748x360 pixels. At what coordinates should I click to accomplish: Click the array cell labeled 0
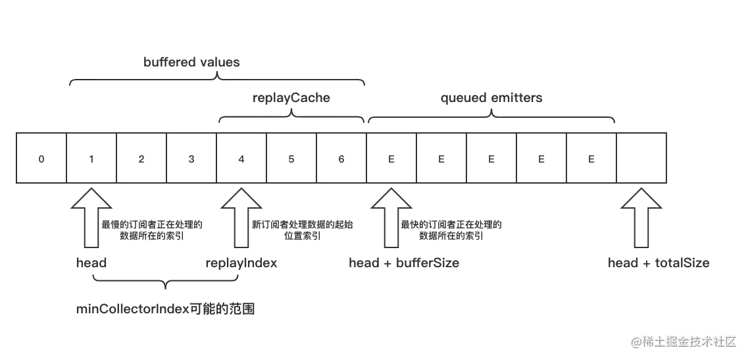click(41, 158)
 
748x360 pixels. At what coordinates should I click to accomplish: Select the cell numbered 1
click(91, 158)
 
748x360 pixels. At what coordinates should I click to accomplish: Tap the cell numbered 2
click(141, 158)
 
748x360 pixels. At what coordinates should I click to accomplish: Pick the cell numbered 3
click(191, 158)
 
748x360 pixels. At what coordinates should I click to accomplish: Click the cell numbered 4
click(241, 158)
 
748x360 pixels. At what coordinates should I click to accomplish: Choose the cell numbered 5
click(291, 158)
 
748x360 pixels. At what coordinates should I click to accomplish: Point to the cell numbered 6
click(341, 158)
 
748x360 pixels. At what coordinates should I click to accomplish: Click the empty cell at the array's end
click(641, 158)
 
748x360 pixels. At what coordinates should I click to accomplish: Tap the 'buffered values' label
click(191, 63)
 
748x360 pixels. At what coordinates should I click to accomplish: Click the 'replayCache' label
click(291, 98)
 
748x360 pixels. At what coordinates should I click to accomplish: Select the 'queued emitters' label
click(491, 98)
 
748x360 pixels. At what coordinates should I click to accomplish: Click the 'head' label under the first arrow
click(91, 263)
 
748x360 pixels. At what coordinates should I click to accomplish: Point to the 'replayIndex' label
click(241, 263)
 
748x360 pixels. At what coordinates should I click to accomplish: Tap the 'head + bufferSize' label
click(404, 263)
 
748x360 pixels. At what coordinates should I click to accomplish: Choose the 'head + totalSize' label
click(659, 263)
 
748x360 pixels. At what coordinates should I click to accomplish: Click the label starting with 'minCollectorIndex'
click(165, 309)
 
